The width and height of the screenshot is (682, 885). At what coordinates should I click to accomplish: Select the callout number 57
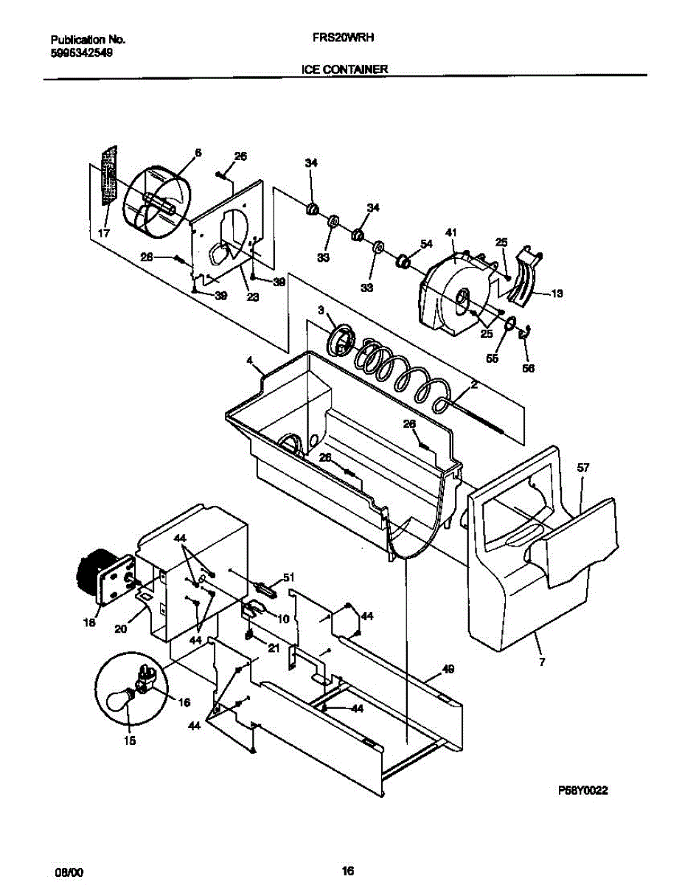(x=584, y=468)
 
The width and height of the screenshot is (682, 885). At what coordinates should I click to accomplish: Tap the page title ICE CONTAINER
(x=344, y=69)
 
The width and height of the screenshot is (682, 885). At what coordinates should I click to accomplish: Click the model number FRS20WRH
(x=345, y=41)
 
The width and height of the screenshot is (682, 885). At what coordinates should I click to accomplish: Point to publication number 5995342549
(x=82, y=53)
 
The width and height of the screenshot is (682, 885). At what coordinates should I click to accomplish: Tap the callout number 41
(x=451, y=233)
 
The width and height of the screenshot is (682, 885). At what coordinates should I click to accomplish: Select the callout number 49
(x=448, y=669)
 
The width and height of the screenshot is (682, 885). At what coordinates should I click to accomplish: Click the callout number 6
(x=198, y=153)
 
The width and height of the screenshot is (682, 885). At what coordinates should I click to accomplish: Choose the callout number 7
(x=542, y=662)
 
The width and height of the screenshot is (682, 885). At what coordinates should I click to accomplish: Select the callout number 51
(x=289, y=577)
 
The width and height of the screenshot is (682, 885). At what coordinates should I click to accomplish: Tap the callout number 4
(x=249, y=361)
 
